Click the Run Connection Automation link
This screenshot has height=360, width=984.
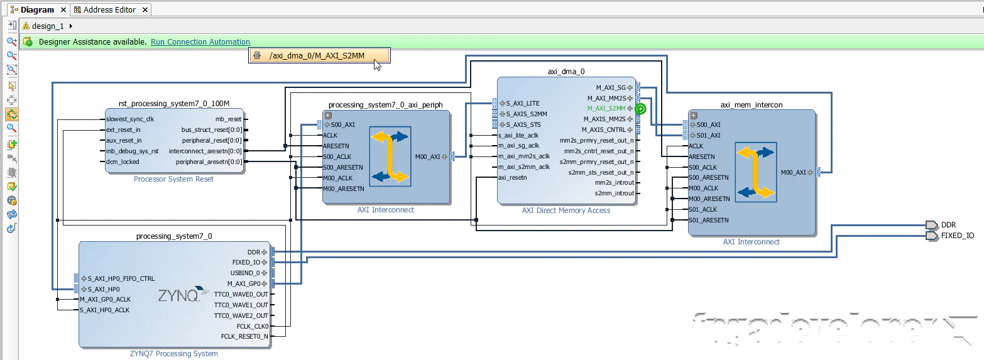[x=200, y=42]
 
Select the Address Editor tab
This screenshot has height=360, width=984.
[x=109, y=9]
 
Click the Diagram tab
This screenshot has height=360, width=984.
[x=36, y=9]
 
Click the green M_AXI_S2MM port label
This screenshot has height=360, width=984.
[x=606, y=109]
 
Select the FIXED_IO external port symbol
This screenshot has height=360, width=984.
[x=931, y=236]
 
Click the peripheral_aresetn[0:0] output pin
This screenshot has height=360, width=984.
[x=209, y=161]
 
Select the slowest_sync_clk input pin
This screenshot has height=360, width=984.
[x=130, y=119]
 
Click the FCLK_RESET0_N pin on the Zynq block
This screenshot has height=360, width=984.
[x=244, y=337]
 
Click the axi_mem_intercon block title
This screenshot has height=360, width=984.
[x=751, y=104]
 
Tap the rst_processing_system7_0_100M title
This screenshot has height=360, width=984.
[x=173, y=103]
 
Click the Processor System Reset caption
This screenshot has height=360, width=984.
[x=173, y=179]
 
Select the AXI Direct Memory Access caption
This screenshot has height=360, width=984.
[x=566, y=210]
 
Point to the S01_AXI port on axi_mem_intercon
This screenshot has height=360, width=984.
[x=708, y=135]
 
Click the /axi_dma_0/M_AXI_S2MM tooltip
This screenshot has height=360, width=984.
[x=317, y=56]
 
